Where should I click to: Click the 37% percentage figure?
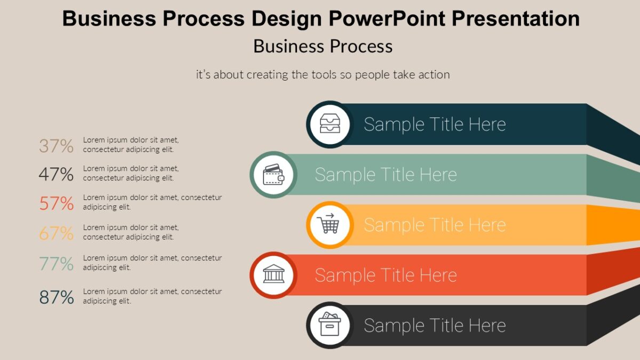[56, 146]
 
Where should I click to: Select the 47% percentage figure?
[56, 174]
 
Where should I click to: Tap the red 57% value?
[56, 203]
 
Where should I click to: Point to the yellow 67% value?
[56, 233]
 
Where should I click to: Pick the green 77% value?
[56, 263]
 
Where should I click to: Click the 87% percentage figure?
[56, 298]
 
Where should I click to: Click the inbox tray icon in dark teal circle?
[329, 124]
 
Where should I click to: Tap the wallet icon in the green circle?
[273, 174]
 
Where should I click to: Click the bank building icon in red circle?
[273, 275]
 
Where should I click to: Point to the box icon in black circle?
[329, 325]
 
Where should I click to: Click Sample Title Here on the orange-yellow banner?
[435, 225]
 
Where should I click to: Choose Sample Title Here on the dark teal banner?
[435, 124]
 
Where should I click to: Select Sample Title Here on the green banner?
[386, 174]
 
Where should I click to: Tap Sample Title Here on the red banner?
[386, 275]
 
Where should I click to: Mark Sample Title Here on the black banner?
[435, 325]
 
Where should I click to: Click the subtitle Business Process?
[323, 46]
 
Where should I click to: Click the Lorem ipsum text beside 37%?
[131, 145]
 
